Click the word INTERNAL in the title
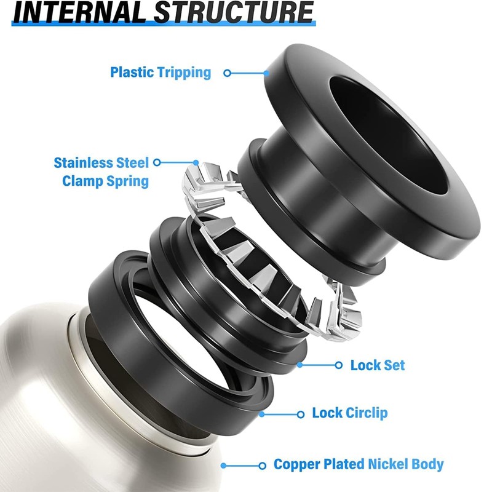click(x=79, y=12)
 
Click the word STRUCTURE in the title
click(x=234, y=12)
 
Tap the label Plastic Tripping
click(x=161, y=73)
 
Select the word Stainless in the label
click(x=84, y=163)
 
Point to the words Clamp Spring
click(x=105, y=181)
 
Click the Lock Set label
click(x=378, y=365)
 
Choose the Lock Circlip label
click(x=350, y=413)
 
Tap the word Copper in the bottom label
click(x=296, y=464)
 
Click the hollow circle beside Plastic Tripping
click(x=228, y=73)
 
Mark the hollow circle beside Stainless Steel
click(x=157, y=162)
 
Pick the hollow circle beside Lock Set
click(x=339, y=365)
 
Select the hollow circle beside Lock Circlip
click(x=300, y=415)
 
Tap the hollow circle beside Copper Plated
click(x=263, y=466)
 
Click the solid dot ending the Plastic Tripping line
click(x=266, y=73)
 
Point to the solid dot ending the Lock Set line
click(x=300, y=365)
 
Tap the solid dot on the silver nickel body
click(x=223, y=466)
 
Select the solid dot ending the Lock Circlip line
click(x=262, y=414)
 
